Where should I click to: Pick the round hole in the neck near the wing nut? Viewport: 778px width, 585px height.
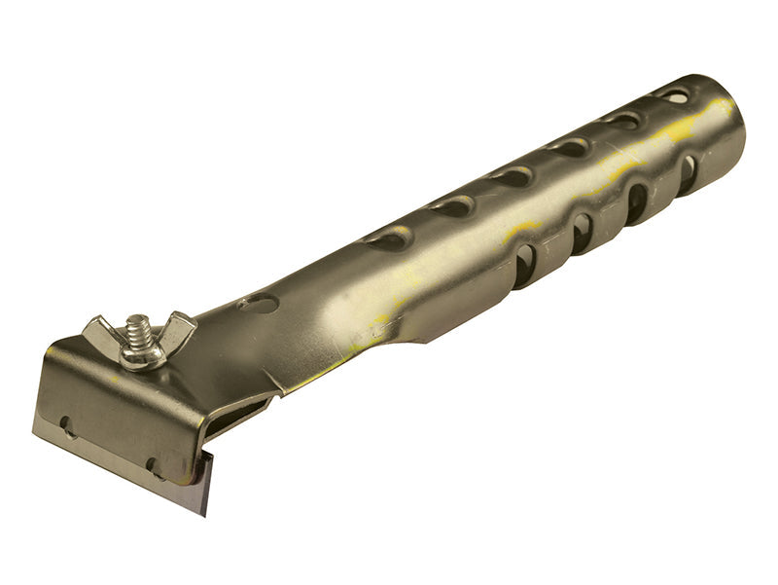(258, 304)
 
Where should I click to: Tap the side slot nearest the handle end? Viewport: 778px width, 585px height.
(688, 173)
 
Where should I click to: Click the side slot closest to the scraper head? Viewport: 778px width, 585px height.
(525, 265)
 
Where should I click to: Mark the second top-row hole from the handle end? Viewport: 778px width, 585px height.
(622, 121)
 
